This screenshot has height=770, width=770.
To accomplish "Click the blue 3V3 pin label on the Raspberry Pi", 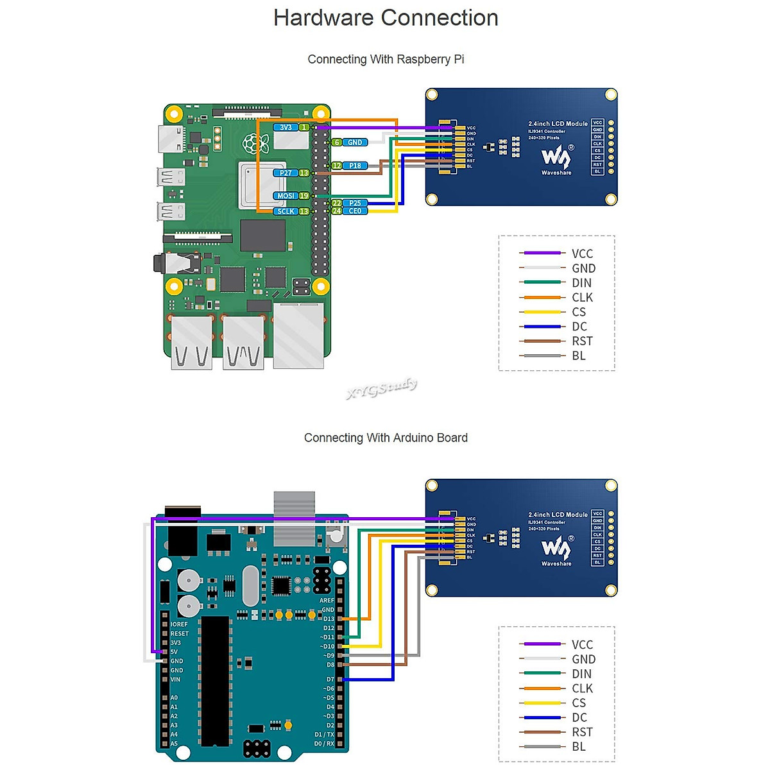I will pyautogui.click(x=286, y=127).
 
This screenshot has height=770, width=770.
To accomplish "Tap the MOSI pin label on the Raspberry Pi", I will pyautogui.click(x=286, y=196).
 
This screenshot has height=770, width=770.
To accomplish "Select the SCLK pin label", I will pyautogui.click(x=286, y=211).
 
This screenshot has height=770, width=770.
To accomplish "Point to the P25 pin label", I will pyautogui.click(x=355, y=203).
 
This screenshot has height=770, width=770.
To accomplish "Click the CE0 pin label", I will pyautogui.click(x=355, y=211).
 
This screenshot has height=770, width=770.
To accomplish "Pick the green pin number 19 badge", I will pyautogui.click(x=304, y=196).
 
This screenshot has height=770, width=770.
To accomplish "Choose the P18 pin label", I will pyautogui.click(x=355, y=166).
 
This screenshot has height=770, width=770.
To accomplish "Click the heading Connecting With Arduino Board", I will pyautogui.click(x=386, y=438).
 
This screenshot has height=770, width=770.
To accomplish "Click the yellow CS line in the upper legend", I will pyautogui.click(x=542, y=312).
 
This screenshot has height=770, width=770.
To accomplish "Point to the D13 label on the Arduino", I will pyautogui.click(x=329, y=619).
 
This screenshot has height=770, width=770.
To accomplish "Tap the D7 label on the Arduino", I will pyautogui.click(x=330, y=679).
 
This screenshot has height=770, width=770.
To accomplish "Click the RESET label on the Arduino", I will pyautogui.click(x=180, y=633).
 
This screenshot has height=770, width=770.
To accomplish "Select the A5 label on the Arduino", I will pyautogui.click(x=174, y=744).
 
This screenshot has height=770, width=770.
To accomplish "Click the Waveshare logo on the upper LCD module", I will pyautogui.click(x=556, y=158).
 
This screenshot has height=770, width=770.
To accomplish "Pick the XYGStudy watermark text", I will pyautogui.click(x=382, y=388).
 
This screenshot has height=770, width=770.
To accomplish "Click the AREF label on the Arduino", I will pyautogui.click(x=327, y=601).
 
